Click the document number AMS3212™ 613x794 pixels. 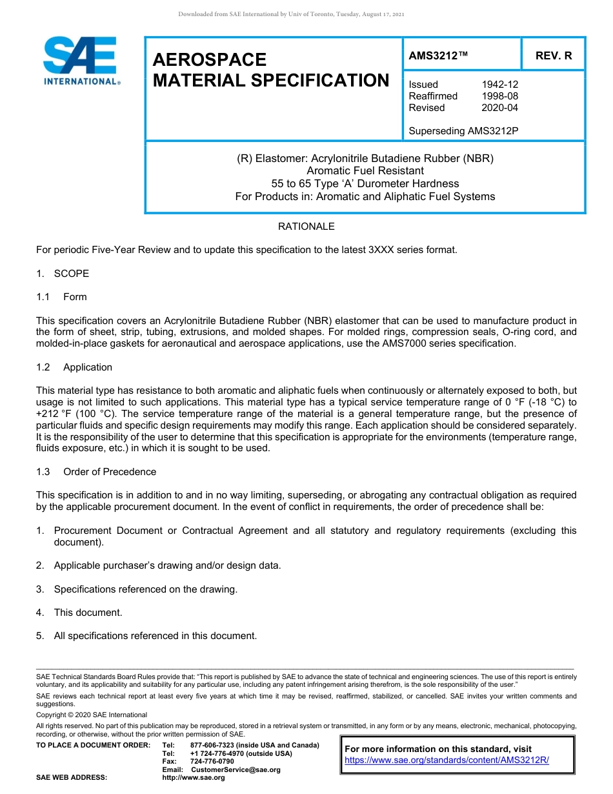coord(438,56)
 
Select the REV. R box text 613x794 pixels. coord(553,56)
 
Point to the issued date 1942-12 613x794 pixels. coord(499,85)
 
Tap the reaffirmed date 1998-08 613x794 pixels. coord(499,96)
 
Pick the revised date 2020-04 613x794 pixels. coord(499,108)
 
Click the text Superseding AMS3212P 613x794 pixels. coord(463,131)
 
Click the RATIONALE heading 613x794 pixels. coord(306,227)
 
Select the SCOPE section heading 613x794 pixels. coord(71,274)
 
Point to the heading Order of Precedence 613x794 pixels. coord(109,472)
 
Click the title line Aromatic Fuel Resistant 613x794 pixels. coord(365,171)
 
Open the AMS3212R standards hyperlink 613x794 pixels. coord(447,760)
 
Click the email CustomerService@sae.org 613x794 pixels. coord(236,769)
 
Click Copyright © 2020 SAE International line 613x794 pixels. coord(92,715)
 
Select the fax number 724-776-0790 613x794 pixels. coord(212,762)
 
